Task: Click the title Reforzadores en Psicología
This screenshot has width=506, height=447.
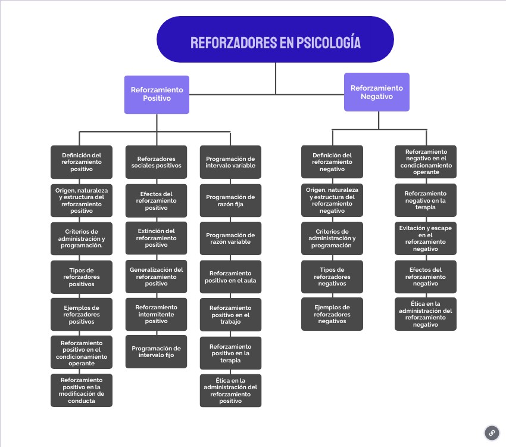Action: click(275, 42)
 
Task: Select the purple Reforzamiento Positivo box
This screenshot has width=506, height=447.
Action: click(157, 94)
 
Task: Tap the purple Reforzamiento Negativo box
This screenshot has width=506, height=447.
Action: click(376, 92)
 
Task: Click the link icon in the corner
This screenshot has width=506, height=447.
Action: click(492, 433)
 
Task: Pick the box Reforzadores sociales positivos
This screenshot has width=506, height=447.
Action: click(157, 162)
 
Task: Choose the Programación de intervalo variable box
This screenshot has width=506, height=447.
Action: click(230, 162)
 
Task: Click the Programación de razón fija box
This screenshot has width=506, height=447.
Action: click(230, 200)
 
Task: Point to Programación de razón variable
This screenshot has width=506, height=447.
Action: click(230, 238)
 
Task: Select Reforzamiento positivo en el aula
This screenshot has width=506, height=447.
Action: click(230, 277)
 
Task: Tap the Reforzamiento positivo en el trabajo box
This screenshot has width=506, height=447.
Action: click(230, 315)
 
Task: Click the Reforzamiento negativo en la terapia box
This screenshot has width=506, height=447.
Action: click(425, 200)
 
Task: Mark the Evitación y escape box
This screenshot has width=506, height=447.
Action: click(425, 238)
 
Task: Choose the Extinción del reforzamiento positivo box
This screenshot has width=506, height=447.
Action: click(157, 238)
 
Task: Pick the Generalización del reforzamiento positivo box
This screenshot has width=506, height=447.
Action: click(157, 276)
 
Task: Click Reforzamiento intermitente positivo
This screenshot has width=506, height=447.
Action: click(157, 314)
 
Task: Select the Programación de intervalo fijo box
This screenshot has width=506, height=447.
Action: click(157, 352)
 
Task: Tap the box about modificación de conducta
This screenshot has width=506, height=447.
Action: click(82, 390)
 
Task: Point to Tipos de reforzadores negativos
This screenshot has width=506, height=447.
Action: click(332, 276)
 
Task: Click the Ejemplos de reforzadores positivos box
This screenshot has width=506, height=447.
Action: click(82, 314)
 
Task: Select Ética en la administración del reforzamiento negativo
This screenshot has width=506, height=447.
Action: click(425, 314)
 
